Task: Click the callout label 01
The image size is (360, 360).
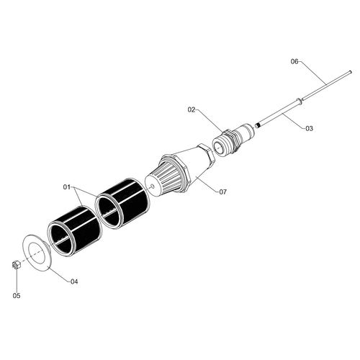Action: coord(67,186)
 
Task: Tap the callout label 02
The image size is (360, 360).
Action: coord(192,110)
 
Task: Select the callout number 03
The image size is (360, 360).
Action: coord(310,129)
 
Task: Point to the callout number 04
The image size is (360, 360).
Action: coord(74,282)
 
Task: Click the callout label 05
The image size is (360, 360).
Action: coord(17,296)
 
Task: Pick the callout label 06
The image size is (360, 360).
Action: coord(294,62)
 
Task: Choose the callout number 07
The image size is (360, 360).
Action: coord(222,192)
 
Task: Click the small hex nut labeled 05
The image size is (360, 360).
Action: coord(16,265)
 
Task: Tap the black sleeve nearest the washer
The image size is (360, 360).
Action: coord(74,232)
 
